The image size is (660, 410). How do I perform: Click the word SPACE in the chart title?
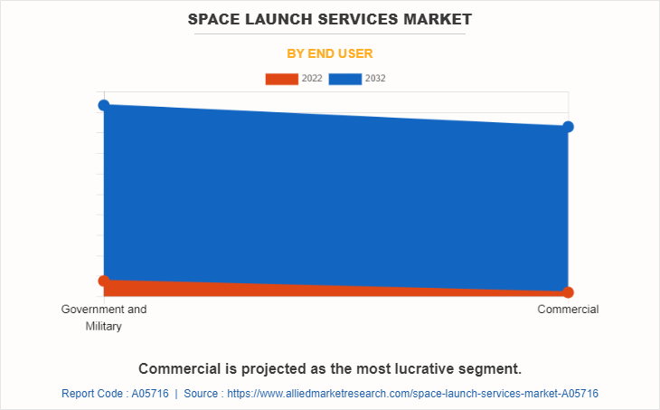(x=215, y=18)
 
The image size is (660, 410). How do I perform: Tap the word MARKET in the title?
(x=438, y=18)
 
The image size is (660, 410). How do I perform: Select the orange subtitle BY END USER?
(x=330, y=53)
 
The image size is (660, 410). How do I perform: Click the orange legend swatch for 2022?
(x=281, y=79)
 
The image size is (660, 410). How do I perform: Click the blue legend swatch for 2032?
(x=345, y=79)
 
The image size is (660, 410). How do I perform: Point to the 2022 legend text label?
(x=312, y=79)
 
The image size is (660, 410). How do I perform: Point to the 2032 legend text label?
(x=376, y=79)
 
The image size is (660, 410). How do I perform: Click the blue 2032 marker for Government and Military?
(x=104, y=105)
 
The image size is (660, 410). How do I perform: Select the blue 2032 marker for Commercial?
(x=568, y=126)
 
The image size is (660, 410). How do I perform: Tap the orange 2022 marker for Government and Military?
(x=104, y=281)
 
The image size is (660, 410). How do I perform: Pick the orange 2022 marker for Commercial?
(x=568, y=292)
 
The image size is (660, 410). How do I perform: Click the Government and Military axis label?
(x=104, y=317)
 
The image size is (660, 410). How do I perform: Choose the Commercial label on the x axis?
(x=568, y=310)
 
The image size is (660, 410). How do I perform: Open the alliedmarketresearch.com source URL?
(x=412, y=394)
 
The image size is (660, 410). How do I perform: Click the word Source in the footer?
(x=200, y=394)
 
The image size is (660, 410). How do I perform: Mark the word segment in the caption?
(x=493, y=369)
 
